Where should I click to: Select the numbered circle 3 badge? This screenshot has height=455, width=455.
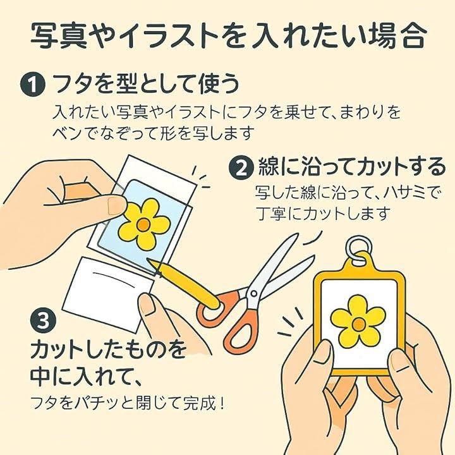click(x=43, y=321)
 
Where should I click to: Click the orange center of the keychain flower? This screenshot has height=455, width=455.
click(x=359, y=324)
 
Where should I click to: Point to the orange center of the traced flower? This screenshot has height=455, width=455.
click(x=143, y=224)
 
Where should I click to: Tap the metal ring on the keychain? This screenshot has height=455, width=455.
click(x=359, y=249)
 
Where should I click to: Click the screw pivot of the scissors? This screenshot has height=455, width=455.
click(x=254, y=294)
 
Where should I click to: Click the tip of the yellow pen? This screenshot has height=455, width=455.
click(x=148, y=258)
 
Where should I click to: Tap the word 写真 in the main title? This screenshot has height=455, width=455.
click(x=59, y=36)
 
